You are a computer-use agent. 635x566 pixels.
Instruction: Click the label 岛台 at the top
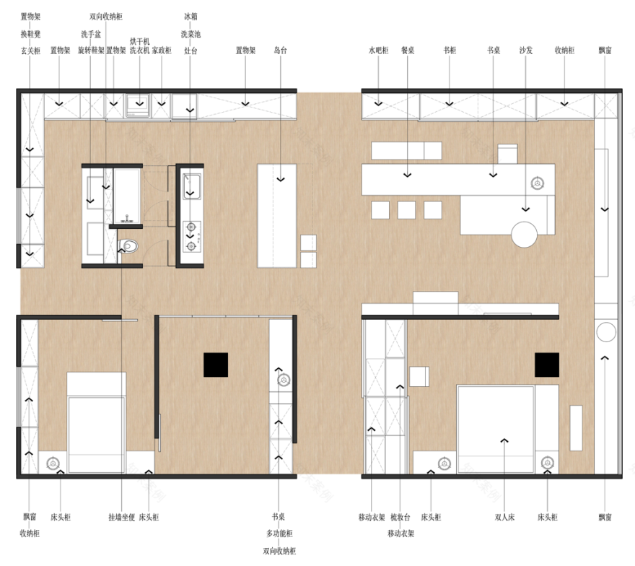pos(280,51)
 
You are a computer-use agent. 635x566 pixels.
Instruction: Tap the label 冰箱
pos(190,15)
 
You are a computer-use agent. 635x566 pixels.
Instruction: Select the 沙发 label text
pos(525,51)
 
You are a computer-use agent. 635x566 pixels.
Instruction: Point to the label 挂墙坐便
pos(121,517)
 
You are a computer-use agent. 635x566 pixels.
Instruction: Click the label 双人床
pos(504,517)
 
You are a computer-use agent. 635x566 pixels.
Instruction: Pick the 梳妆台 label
pos(400,517)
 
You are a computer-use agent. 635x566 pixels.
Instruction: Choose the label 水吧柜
pos(379,51)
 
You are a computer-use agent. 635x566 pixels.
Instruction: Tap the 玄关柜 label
pos(30,51)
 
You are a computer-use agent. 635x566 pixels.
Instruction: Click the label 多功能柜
pos(280,534)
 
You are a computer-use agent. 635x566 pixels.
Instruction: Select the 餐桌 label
pos(408,51)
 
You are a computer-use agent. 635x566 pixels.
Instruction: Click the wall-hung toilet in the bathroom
pos(128,246)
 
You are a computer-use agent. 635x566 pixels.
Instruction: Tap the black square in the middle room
pos(216,365)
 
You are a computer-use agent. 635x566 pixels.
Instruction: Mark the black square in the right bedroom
pos(546,365)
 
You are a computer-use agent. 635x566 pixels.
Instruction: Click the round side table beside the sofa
pos(525,233)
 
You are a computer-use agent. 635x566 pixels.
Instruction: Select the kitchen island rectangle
pos(277,214)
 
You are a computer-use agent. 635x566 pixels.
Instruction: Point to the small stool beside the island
pos(308,243)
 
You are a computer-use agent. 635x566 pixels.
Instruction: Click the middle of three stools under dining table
pos(406,209)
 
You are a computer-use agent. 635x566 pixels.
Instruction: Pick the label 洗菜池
pos(190,33)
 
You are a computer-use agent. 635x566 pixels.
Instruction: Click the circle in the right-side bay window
pos(606,332)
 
